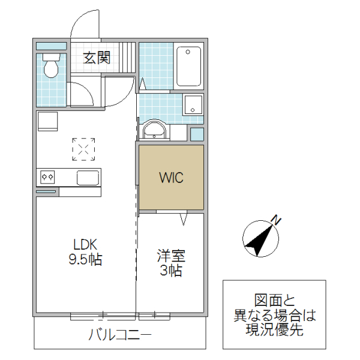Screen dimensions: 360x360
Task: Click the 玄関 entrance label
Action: coord(97,58)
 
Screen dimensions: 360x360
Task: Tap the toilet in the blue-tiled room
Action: coord(51,65)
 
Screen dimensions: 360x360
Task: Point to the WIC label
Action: coord(171,178)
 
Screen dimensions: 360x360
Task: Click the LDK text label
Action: coord(85,245)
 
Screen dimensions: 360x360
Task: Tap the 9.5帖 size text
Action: coord(85,260)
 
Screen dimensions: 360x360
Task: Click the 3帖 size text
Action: coord(171,271)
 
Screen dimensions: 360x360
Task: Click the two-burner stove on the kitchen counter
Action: coord(47,177)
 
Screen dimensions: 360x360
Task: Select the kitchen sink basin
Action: coord(88,177)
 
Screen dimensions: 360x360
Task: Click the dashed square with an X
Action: coord(84,149)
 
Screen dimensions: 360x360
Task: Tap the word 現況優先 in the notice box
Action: coord(274,329)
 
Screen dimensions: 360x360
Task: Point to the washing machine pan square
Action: coord(193,105)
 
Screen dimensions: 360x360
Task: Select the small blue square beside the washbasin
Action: coord(197,134)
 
